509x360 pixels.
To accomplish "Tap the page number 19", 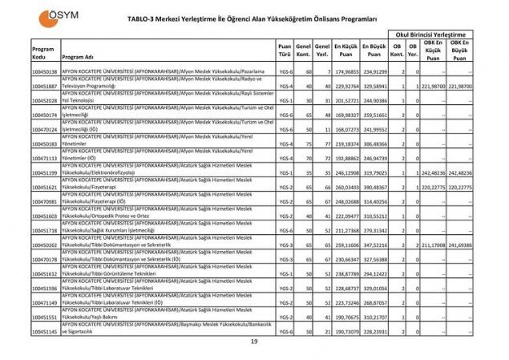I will [x=254, y=342].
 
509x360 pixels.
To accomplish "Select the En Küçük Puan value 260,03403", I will [x=345, y=186].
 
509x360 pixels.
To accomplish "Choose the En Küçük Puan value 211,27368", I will [x=345, y=230].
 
